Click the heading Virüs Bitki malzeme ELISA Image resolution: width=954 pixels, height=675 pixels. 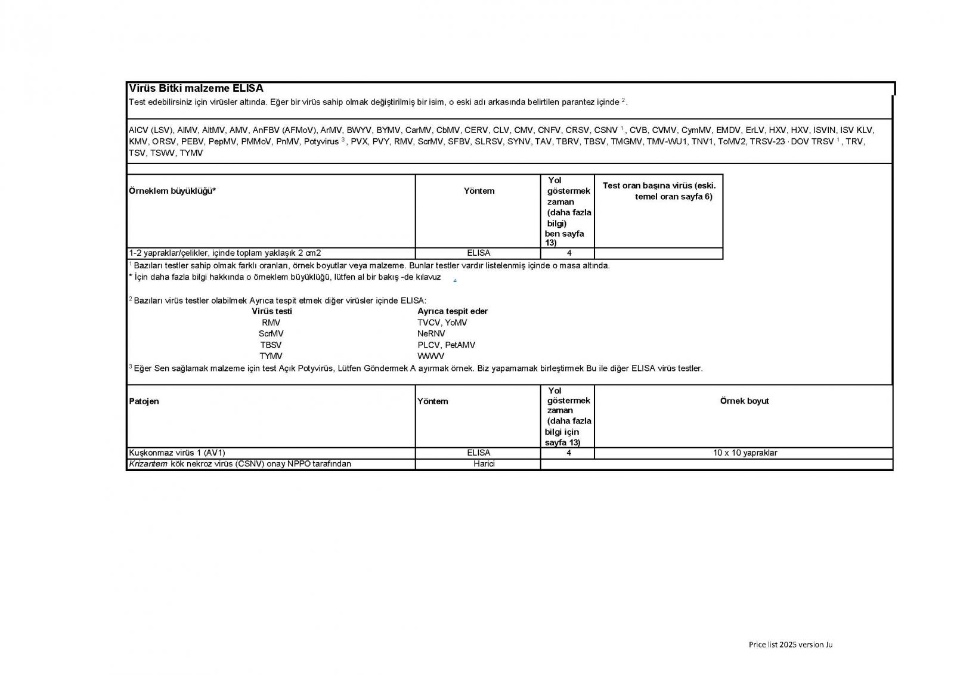tap(196, 89)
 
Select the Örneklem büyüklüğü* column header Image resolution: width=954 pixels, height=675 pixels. tap(172, 191)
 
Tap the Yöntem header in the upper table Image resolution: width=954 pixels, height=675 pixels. tap(479, 191)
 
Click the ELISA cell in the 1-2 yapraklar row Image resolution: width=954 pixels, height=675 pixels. tap(479, 253)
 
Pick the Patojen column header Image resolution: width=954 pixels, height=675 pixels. tap(144, 401)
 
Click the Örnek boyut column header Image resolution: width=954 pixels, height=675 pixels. tap(744, 401)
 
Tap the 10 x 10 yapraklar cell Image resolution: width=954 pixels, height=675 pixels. tap(745, 453)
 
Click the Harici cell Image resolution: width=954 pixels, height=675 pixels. tap(484, 464)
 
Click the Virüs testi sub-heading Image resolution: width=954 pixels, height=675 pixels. tap(272, 311)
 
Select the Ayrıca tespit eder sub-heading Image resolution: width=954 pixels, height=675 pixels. tap(453, 311)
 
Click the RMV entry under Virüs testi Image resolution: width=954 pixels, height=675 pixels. tap(271, 323)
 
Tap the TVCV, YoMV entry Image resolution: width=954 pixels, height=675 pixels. tap(442, 323)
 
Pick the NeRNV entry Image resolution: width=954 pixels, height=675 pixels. tap(431, 334)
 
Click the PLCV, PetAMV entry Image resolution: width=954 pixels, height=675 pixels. tap(446, 345)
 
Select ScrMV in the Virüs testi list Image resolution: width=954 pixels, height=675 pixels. tap(271, 334)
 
